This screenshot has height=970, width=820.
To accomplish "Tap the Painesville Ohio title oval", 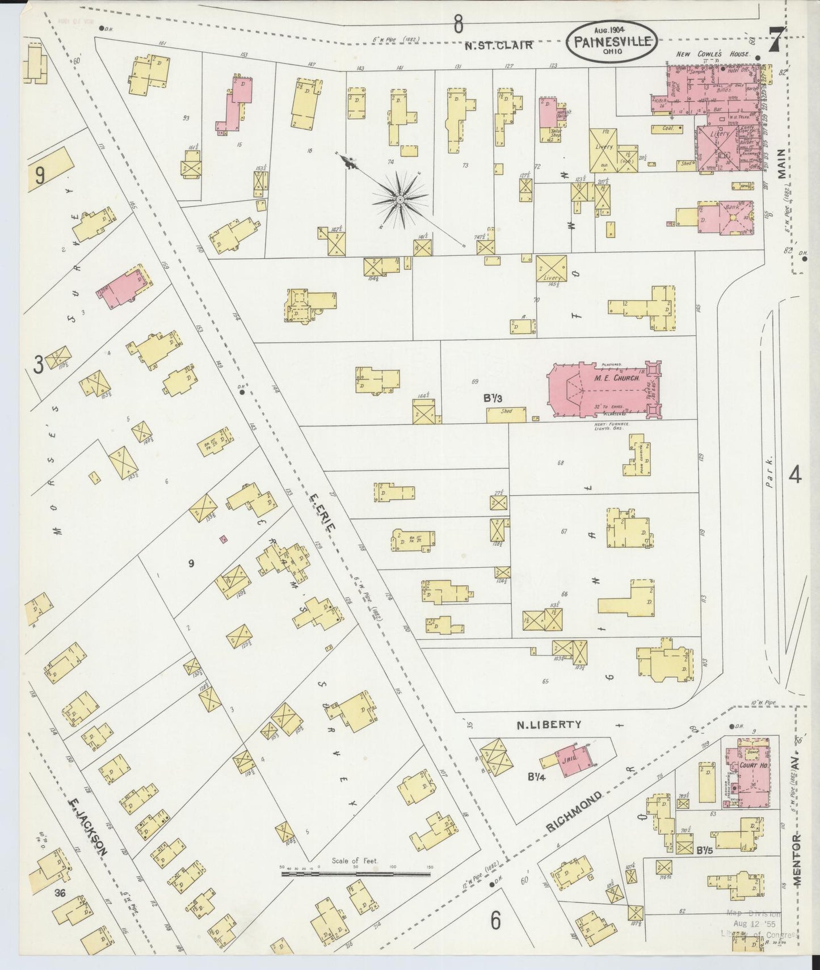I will [x=612, y=42].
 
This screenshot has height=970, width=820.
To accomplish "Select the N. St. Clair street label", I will [x=498, y=46].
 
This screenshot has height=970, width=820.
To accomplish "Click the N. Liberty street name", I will [x=549, y=724].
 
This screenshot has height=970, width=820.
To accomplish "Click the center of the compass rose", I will [x=400, y=200].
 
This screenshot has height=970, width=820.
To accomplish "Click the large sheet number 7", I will [x=776, y=41].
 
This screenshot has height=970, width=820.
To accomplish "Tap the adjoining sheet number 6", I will [x=495, y=921].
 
